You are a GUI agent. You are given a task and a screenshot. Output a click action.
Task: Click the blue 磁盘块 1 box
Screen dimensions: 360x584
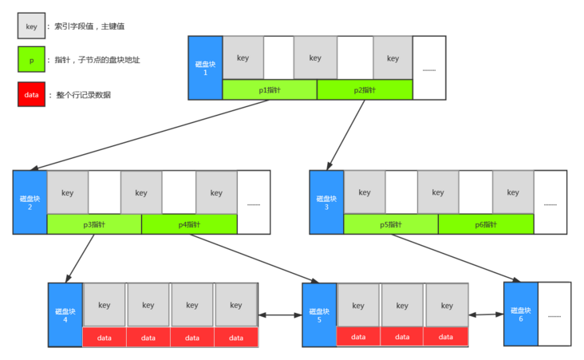(x=205, y=67)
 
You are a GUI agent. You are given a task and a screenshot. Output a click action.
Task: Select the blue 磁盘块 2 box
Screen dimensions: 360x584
(x=30, y=202)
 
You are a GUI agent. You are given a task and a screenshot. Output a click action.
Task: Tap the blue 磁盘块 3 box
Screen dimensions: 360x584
(x=326, y=202)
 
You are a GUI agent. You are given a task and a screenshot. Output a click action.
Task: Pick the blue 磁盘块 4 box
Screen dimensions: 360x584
(x=65, y=315)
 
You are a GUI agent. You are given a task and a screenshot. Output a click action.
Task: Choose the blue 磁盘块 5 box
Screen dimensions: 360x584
(x=319, y=315)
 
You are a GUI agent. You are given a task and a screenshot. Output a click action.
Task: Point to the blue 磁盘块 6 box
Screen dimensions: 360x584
(x=520, y=314)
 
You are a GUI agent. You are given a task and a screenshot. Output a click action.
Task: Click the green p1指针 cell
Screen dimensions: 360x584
(x=270, y=90)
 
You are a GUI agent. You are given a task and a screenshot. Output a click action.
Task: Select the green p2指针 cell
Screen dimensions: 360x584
(x=365, y=90)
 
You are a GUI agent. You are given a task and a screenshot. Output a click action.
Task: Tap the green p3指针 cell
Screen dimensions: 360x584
(x=94, y=224)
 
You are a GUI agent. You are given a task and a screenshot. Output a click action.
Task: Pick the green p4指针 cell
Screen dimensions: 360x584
(x=189, y=224)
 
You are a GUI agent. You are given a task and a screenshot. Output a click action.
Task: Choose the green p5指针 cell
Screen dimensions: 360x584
(x=391, y=224)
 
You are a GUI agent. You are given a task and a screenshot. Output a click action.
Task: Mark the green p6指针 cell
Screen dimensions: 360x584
(x=486, y=224)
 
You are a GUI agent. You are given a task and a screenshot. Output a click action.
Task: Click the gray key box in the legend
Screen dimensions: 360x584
(x=32, y=26)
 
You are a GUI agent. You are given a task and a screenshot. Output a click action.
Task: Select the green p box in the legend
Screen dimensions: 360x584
(x=32, y=60)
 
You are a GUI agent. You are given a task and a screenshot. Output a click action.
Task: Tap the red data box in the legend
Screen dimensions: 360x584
(x=32, y=94)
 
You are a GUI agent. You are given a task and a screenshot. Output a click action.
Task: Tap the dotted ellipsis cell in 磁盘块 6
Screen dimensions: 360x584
(x=554, y=314)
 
